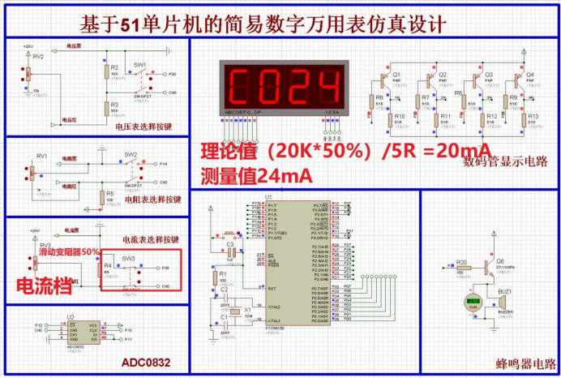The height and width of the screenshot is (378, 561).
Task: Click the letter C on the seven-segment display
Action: click(x=241, y=84)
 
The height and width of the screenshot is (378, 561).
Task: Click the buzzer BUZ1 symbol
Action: click(x=503, y=303)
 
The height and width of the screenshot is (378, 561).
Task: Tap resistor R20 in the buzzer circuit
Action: click(x=461, y=268)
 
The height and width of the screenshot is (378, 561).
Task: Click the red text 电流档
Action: click(x=45, y=285)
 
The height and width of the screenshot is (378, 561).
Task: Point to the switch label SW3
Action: click(x=128, y=259)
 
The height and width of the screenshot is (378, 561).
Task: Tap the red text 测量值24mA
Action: click(x=256, y=174)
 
